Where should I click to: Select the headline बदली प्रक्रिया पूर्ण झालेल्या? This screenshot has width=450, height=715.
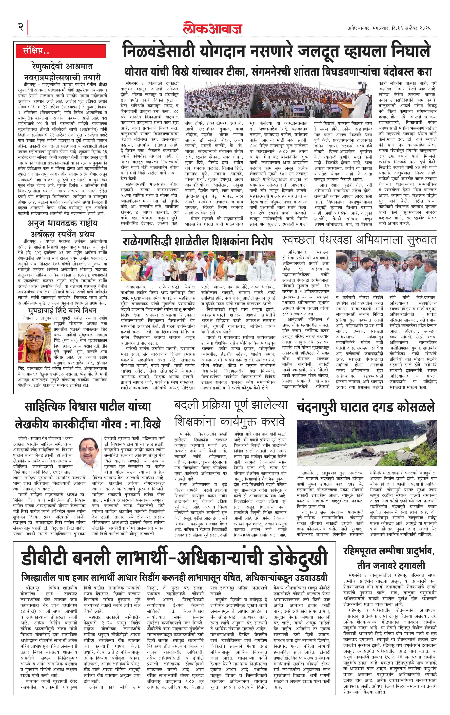point(231,405)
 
